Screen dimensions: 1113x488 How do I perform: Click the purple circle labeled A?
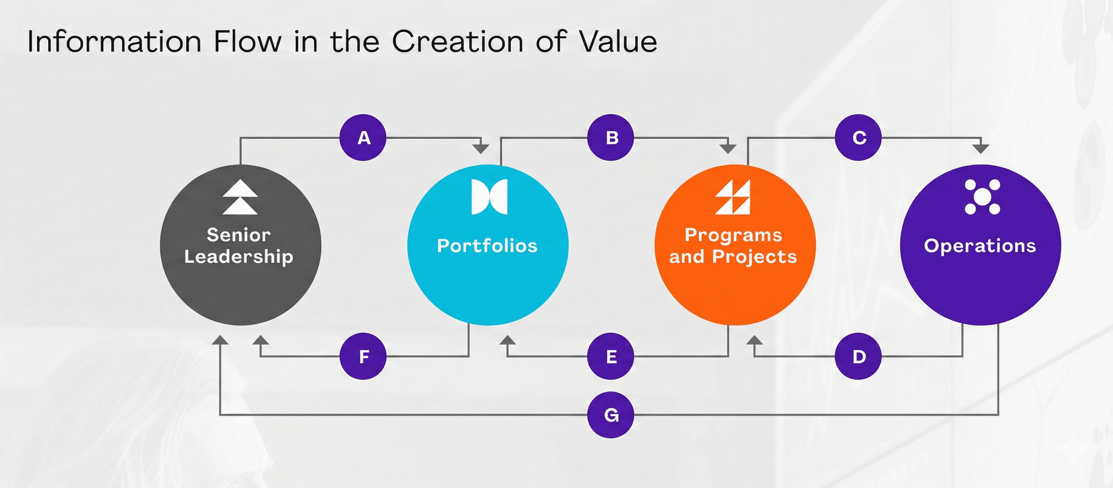click(363, 138)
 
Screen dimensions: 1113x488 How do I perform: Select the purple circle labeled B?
click(610, 138)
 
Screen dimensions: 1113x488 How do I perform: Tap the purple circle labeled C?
click(858, 138)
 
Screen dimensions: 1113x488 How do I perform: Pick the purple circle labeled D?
click(858, 356)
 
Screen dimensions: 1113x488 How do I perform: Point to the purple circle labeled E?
click(610, 356)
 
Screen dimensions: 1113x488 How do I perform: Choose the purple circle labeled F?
click(363, 356)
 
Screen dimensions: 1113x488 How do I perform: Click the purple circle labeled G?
click(610, 415)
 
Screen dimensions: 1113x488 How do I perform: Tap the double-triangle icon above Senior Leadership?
click(240, 197)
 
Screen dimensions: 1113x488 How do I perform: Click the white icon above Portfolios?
click(489, 197)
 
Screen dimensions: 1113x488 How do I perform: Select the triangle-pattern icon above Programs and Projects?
click(733, 197)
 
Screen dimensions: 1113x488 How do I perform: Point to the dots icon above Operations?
click(982, 197)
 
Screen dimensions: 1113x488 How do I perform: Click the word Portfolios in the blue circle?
click(487, 245)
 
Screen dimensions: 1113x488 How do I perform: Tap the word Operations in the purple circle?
click(980, 246)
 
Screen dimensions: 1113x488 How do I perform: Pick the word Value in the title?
click(618, 41)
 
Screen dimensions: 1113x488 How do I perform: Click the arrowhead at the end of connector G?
click(220, 340)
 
